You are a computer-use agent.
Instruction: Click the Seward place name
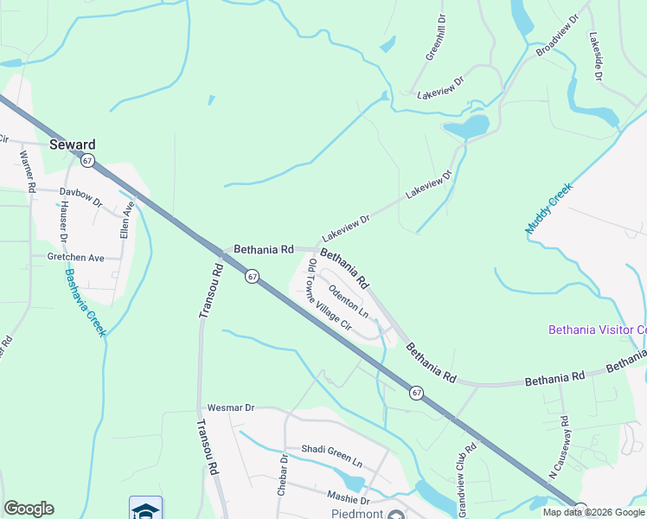tap(72, 144)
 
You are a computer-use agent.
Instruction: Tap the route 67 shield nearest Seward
tap(87, 161)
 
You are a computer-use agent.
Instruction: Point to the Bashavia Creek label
tap(84, 303)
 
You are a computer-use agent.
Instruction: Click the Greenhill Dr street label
tap(434, 36)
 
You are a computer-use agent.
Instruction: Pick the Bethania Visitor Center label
tap(598, 330)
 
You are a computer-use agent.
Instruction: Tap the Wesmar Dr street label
tap(231, 407)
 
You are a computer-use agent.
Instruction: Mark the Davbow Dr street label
tap(80, 191)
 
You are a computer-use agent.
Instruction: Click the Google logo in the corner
tap(29, 509)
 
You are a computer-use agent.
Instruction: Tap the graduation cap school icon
tap(146, 508)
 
